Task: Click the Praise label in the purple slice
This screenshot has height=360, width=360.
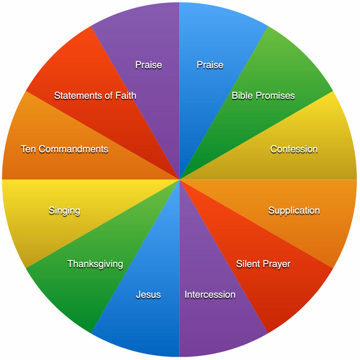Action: click(149, 65)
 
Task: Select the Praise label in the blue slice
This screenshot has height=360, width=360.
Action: click(210, 65)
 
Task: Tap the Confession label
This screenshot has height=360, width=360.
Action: click(294, 149)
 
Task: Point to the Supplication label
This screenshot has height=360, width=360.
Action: click(294, 211)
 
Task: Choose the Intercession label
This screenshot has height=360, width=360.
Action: click(210, 295)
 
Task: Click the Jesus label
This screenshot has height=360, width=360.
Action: click(148, 295)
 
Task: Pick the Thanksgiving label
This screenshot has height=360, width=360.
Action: click(95, 264)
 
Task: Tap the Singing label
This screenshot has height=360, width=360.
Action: click(64, 211)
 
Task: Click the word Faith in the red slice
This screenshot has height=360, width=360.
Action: click(126, 95)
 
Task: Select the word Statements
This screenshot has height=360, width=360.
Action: click(78, 95)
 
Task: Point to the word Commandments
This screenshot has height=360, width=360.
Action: click(73, 149)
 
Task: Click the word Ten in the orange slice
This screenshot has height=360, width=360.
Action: click(28, 149)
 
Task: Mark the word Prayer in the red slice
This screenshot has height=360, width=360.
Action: click(276, 265)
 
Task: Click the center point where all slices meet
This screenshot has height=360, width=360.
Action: click(179, 179)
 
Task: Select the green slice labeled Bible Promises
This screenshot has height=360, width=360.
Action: click(264, 96)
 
